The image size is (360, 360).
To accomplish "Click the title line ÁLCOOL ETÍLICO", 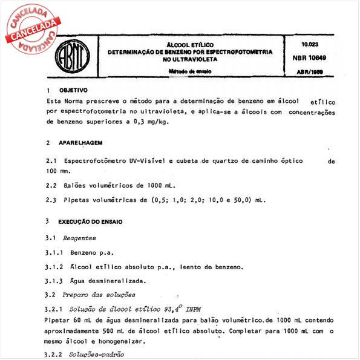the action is coord(190,45).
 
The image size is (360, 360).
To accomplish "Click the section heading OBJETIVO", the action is coord(73,90).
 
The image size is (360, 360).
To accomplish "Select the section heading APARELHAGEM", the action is coord(81,143).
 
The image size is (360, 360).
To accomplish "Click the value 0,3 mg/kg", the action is coord(152,122).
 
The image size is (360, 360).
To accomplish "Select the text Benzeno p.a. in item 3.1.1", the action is coord(92,252).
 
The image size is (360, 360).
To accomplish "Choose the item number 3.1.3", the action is coord(54,281).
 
